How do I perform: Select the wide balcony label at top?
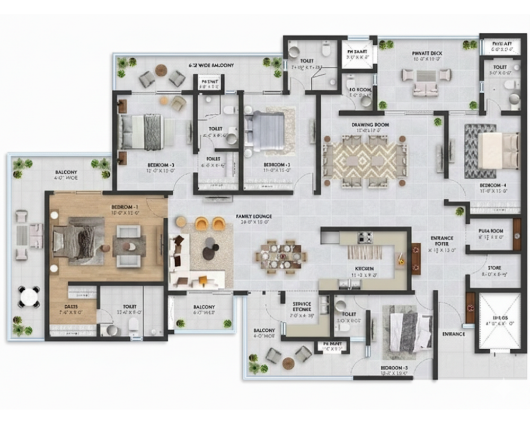pyautogui.click(x=211, y=65)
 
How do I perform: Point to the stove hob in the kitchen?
pyautogui.click(x=365, y=237)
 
